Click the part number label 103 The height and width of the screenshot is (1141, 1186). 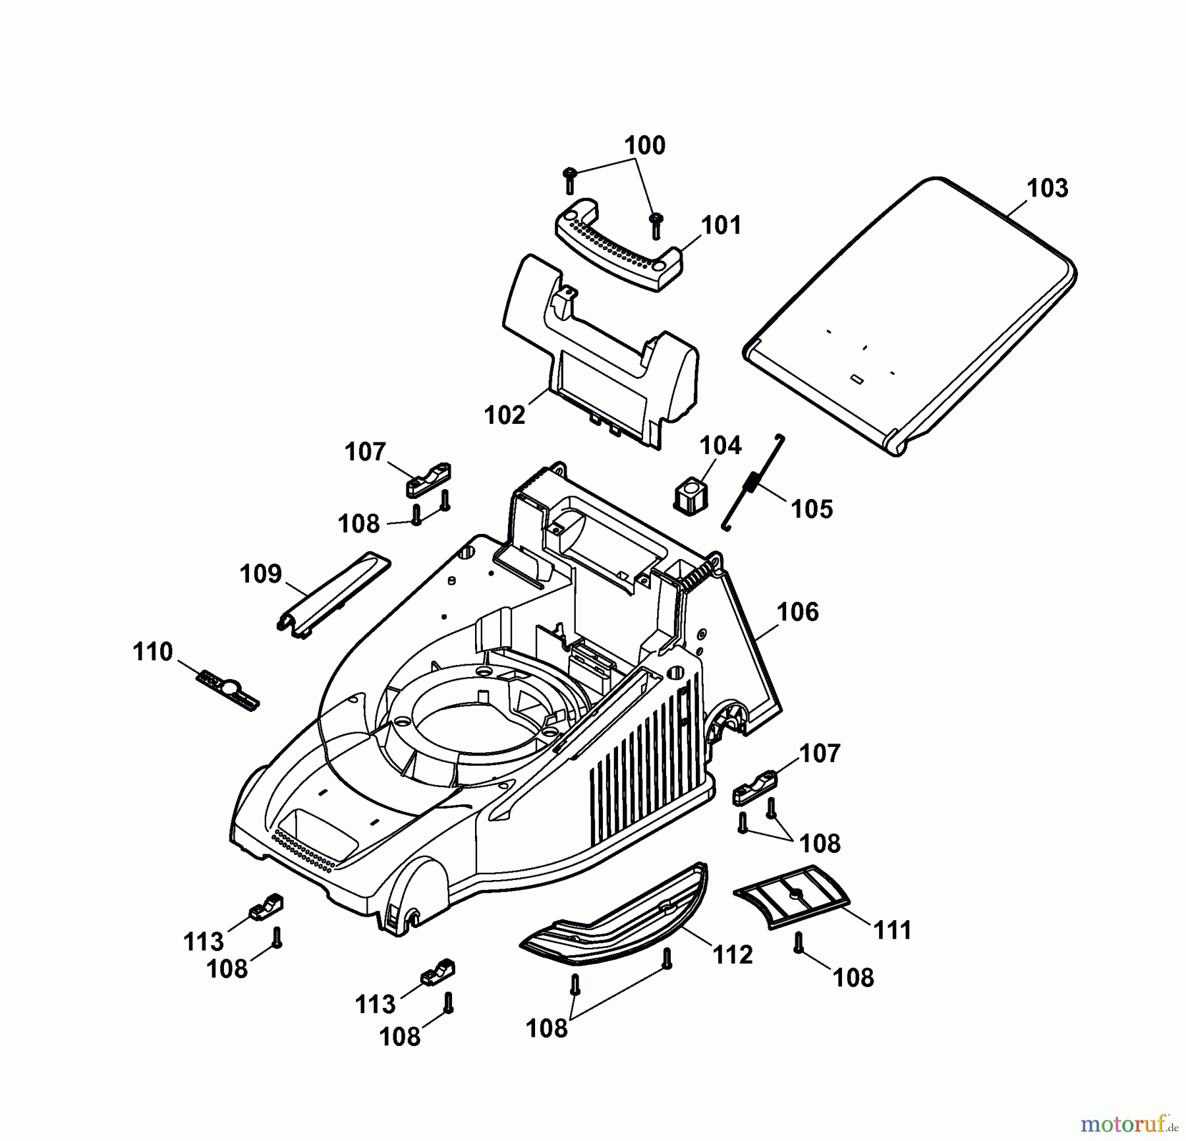[x=1047, y=189]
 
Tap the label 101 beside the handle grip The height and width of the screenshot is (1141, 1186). [x=721, y=225]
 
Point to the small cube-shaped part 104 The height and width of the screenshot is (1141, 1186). [x=690, y=496]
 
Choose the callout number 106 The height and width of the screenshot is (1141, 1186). [x=797, y=612]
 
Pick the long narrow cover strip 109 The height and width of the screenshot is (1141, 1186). [x=333, y=593]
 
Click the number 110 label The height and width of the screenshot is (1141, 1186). [x=153, y=652]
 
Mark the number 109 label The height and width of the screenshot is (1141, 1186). [x=261, y=573]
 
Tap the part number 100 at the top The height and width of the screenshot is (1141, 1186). [x=644, y=145]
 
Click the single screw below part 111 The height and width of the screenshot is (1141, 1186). [x=799, y=943]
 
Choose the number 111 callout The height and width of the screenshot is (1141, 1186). [x=892, y=930]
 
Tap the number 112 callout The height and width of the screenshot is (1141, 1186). [x=733, y=954]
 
